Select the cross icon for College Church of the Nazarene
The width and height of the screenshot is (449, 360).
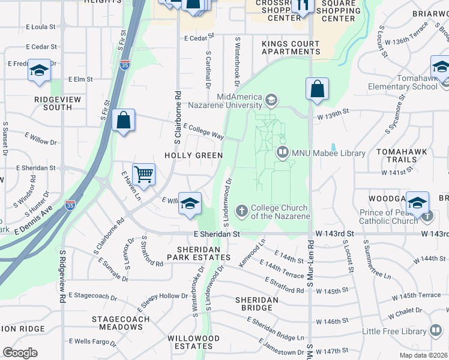pyautogui.click(x=241, y=211)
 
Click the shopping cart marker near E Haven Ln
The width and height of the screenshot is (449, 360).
pyautogui.click(x=143, y=175)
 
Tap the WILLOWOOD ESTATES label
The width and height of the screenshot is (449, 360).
pyautogui.click(x=193, y=342)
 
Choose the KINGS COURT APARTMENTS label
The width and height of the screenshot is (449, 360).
pyautogui.click(x=290, y=48)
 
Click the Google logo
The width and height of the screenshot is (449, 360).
pyautogui.click(x=20, y=353)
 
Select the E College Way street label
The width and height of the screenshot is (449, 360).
pyautogui.click(x=203, y=132)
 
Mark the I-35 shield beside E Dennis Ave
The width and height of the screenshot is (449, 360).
pyautogui.click(x=71, y=205)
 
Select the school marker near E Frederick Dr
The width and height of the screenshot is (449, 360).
pyautogui.click(x=39, y=71)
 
